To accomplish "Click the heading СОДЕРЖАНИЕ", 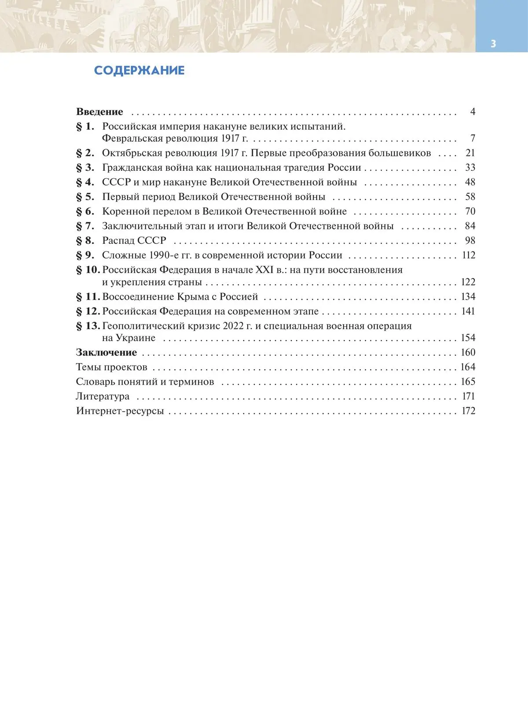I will coord(139,70).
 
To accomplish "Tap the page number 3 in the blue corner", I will coord(493,44).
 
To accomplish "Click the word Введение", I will coord(99,112).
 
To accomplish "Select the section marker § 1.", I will coord(85,127).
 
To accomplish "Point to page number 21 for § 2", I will coord(470,153).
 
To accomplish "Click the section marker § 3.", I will coord(85,168).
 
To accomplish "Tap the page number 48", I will coord(470,182).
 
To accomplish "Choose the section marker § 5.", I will coord(85,197).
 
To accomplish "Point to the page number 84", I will coord(470,226).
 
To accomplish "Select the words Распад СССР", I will coord(134,241).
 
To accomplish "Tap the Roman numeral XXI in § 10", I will coord(264,270).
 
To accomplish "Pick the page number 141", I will coord(468,311).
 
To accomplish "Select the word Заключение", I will coord(106,353).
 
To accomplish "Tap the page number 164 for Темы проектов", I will coord(468,367).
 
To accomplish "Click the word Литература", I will coord(103,397).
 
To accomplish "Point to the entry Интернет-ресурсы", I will coord(120,411).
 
